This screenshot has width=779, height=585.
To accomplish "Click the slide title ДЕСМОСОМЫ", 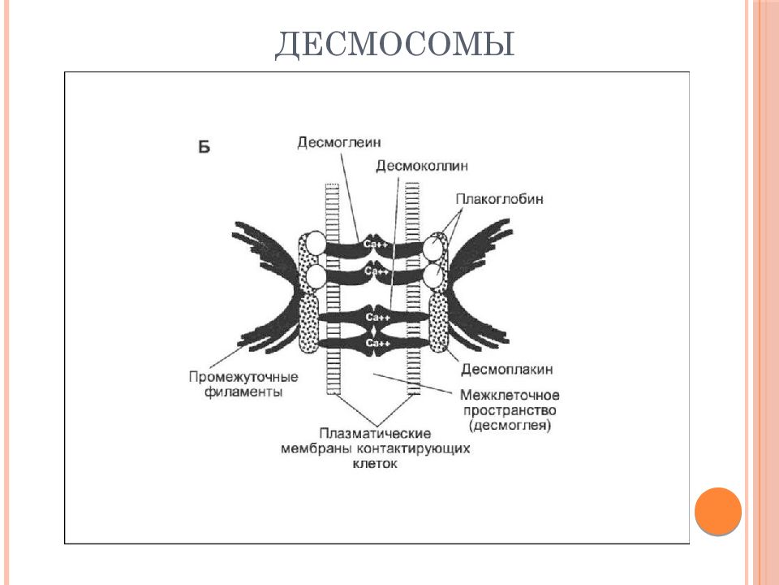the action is point(394,45).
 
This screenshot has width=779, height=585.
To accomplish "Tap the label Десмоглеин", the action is point(339,142).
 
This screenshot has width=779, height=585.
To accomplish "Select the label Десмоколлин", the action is point(422,165).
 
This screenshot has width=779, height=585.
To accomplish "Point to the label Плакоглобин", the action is point(499,199).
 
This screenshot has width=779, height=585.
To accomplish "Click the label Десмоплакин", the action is point(506,369).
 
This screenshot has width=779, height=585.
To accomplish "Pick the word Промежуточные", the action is point(243,376).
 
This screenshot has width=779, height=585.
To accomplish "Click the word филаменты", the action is point(243,392).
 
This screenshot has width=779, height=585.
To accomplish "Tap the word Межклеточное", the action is point(510,395).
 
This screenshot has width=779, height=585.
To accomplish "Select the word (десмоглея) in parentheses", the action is point(510,426).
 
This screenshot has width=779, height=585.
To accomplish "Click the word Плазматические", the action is point(375,433).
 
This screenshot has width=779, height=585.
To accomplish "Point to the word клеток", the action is point(375,464).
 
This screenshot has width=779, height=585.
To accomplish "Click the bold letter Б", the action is point(204,147).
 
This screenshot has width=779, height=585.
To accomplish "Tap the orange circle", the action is point(718,511).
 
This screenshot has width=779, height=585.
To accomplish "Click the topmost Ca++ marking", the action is point(376,245).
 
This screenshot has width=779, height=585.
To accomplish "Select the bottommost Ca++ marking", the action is point(377,343).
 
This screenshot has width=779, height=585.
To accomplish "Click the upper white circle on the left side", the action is point(316,243).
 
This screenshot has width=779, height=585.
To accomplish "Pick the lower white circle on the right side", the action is point(433,276).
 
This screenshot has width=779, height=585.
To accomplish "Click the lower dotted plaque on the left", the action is point(308,323).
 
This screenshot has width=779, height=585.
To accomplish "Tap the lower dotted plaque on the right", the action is point(439,323).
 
